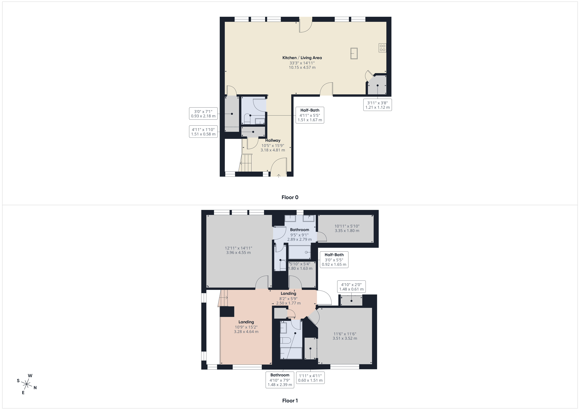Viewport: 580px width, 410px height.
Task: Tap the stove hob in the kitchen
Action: (x=382, y=48)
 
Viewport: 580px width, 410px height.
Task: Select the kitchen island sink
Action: (x=354, y=53)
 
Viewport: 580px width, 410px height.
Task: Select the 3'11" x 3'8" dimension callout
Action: (x=377, y=105)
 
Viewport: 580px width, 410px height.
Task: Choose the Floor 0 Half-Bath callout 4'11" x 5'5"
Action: (x=310, y=115)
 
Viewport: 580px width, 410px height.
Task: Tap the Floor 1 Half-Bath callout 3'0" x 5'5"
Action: (x=334, y=259)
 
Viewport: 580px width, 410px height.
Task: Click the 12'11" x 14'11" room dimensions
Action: (x=238, y=250)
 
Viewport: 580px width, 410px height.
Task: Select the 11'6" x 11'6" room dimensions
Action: (x=345, y=336)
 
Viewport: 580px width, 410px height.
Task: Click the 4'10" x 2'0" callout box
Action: (x=351, y=287)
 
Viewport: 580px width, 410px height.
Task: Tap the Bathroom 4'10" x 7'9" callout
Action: (x=280, y=380)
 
